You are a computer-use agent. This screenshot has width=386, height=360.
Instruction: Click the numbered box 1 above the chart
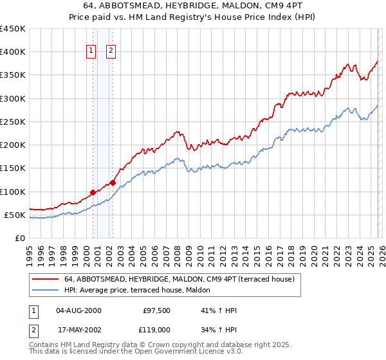pyautogui.click(x=91, y=51)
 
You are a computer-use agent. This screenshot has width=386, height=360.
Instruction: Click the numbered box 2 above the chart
pyautogui.click(x=111, y=51)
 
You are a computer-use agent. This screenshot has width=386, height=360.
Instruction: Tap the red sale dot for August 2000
pyautogui.click(x=93, y=192)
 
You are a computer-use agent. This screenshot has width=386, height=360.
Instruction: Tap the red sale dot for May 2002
pyautogui.click(x=113, y=183)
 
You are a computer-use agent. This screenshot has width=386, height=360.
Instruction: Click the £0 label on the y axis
pyautogui.click(x=19, y=238)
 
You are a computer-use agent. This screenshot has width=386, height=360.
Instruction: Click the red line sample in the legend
pyautogui.click(x=45, y=279)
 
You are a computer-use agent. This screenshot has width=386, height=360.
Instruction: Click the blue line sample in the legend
pyautogui.click(x=45, y=290)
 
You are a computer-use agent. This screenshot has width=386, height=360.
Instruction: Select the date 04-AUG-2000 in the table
pyautogui.click(x=78, y=310)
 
